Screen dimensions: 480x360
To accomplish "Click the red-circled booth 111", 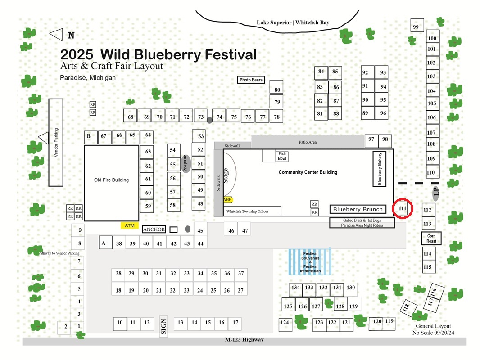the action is [402, 208].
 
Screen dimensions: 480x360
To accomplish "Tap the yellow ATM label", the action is [130, 225].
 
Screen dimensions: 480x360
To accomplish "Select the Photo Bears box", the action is [251, 80].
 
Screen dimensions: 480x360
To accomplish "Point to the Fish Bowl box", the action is [282, 156].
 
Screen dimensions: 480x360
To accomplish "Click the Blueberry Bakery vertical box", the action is [379, 169].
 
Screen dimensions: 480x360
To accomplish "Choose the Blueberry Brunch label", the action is [358, 209].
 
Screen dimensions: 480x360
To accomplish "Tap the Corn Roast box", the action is [431, 238].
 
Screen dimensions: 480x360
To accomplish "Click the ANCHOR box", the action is [154, 229].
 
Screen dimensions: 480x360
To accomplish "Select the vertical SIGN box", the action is [163, 326].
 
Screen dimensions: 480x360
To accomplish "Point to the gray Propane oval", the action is [185, 164].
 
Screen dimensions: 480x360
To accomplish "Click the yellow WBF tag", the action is [227, 200].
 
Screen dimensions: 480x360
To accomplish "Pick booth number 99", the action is [417, 25].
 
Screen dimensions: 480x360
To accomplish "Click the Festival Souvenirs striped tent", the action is [310, 262].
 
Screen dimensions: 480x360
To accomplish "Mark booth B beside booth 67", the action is [91, 137].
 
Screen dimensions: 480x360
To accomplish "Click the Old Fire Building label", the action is [111, 180].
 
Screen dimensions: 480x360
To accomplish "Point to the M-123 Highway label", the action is [245, 339].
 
